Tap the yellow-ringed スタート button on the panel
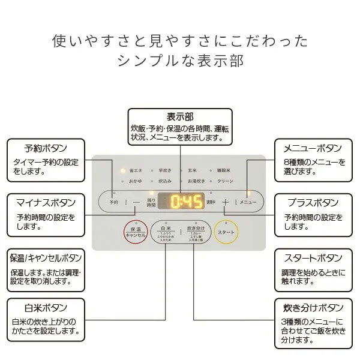(x=226, y=232)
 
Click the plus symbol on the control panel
(x=226, y=203)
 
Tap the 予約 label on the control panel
(x=114, y=203)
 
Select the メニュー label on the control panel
(x=248, y=203)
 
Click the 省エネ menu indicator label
(x=134, y=170)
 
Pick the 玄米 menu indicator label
(x=192, y=170)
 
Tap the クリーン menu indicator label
(x=225, y=181)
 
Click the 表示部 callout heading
(x=179, y=116)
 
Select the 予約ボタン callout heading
(x=46, y=148)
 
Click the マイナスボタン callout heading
(x=46, y=203)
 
